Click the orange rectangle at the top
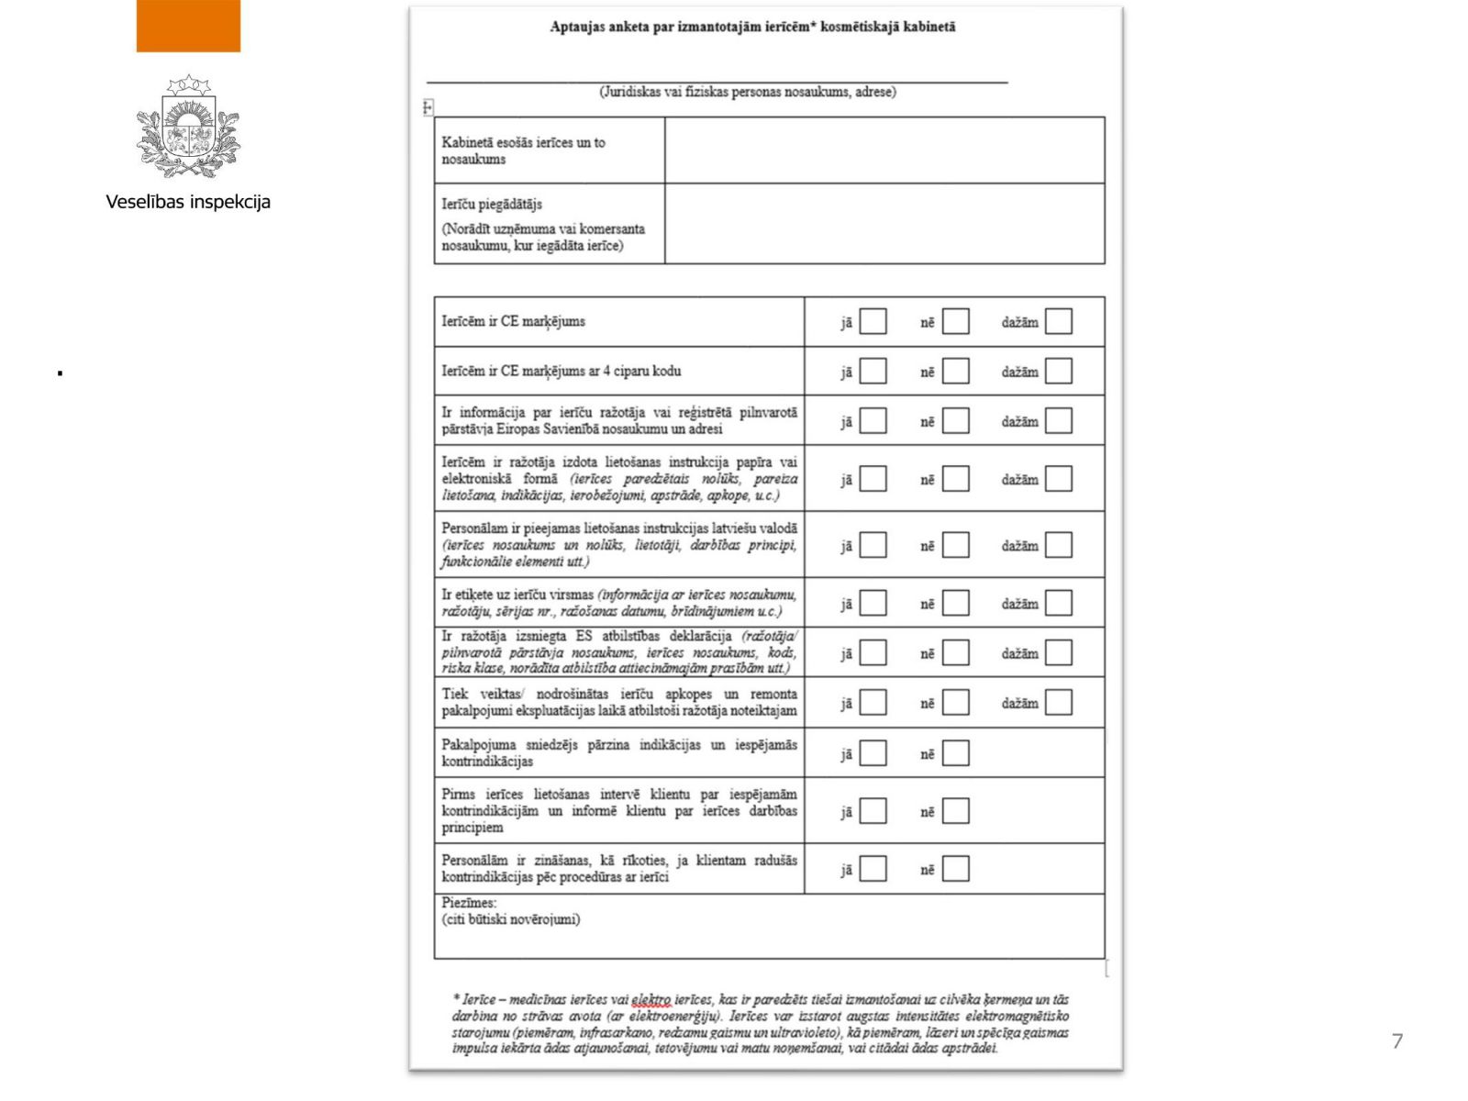(x=188, y=26)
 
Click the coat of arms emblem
(x=188, y=126)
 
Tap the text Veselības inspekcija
(x=188, y=202)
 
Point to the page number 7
(x=1396, y=1040)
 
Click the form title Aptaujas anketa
(x=752, y=27)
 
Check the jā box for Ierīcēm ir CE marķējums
(x=873, y=321)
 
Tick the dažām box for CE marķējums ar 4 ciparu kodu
(x=1058, y=371)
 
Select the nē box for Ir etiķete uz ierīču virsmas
(x=955, y=603)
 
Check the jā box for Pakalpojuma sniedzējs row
(x=873, y=753)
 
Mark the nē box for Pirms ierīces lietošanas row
(x=955, y=811)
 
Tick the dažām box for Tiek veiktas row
(x=1058, y=703)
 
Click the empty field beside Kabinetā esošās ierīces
(x=884, y=150)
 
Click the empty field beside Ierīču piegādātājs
(x=884, y=224)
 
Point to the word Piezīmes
(x=469, y=903)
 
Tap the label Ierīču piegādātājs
(x=492, y=204)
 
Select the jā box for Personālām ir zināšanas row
(x=873, y=869)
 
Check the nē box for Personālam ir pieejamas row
(x=955, y=545)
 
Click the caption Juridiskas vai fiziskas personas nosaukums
(x=748, y=92)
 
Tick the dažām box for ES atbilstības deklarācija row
(x=1058, y=652)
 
